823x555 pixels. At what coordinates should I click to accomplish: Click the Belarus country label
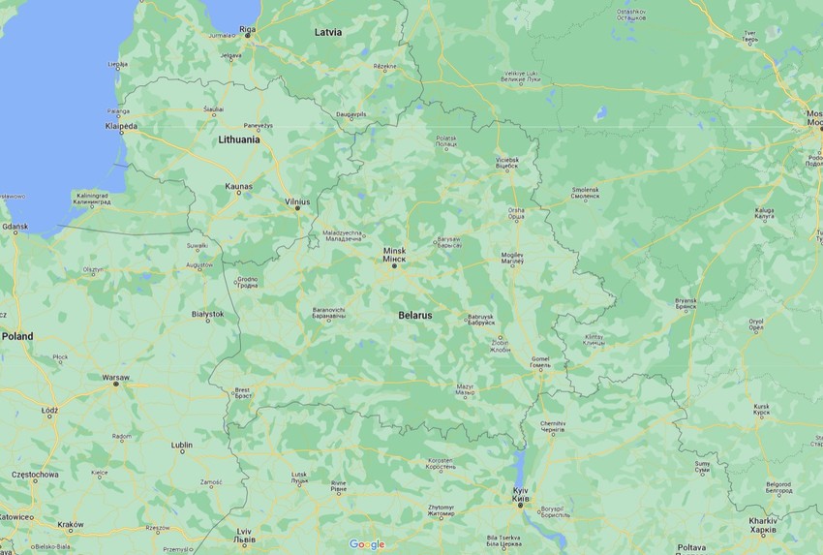tap(415, 316)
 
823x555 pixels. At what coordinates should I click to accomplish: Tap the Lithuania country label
tap(239, 139)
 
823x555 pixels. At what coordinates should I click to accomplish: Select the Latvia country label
tap(328, 32)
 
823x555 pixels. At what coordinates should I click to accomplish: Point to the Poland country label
tap(16, 336)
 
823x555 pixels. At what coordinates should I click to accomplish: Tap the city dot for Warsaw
tap(116, 385)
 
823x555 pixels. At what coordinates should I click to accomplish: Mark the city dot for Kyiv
tap(520, 505)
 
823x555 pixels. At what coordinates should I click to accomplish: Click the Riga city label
tap(248, 29)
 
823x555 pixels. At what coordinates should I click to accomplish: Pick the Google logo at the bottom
tap(367, 544)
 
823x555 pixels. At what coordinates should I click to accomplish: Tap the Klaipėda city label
tap(121, 126)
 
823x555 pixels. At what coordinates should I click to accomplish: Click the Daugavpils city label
tap(357, 113)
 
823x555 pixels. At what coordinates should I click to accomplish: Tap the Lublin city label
tap(181, 445)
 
